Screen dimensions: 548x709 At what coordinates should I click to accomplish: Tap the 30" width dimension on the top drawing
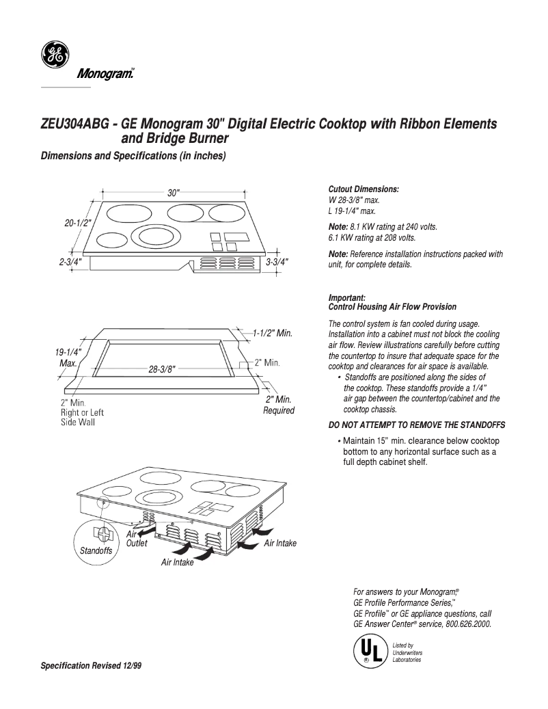coord(174,193)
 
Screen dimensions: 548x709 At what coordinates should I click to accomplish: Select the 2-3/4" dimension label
coord(71,262)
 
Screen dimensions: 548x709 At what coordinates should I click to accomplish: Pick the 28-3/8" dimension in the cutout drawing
coord(162,369)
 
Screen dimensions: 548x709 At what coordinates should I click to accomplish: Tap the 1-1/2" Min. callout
coord(272,334)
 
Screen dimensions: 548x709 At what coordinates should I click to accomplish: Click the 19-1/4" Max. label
coord(68,358)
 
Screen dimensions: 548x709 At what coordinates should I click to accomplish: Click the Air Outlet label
coord(136,538)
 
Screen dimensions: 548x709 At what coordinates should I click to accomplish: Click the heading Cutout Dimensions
coord(364,189)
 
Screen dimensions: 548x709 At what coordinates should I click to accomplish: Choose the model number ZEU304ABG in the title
coord(74,126)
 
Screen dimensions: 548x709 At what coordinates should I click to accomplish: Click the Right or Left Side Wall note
coord(83,413)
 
